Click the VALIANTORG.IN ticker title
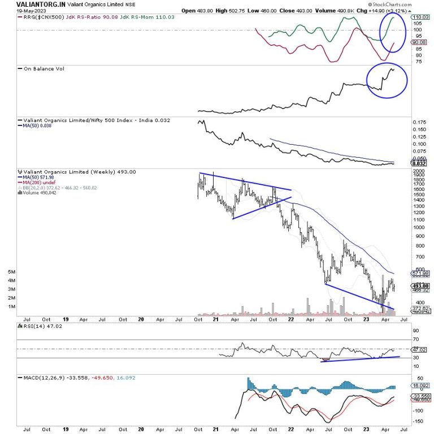click(x=43, y=4)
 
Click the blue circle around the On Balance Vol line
click(x=387, y=80)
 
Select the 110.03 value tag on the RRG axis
click(x=418, y=18)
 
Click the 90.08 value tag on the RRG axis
click(x=418, y=42)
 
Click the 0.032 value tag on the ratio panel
click(x=418, y=164)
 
